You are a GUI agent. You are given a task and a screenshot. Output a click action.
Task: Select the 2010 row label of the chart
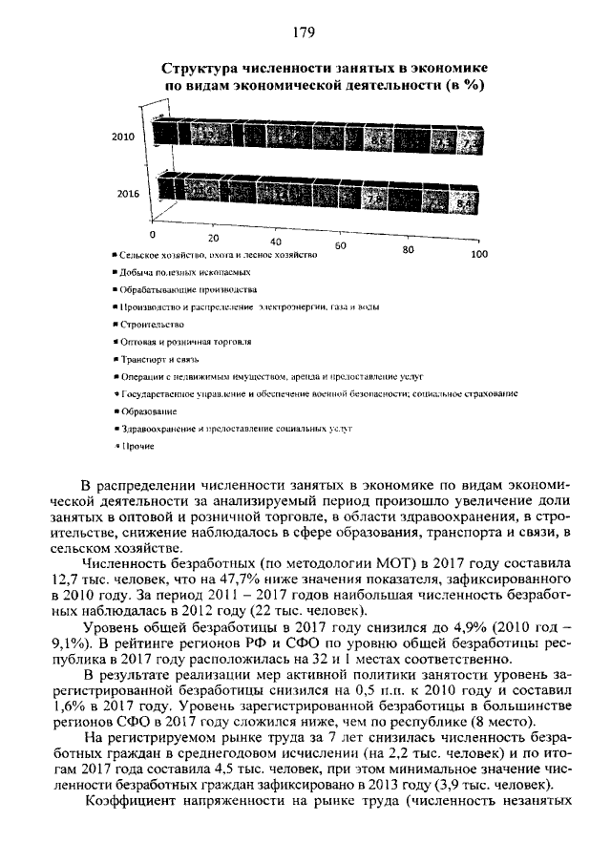[123, 137]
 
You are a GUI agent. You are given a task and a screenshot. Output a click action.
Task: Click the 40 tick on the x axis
[276, 242]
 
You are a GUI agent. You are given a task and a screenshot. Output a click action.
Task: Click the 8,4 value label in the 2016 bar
[465, 204]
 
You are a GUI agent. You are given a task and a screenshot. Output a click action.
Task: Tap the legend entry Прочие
[137, 446]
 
